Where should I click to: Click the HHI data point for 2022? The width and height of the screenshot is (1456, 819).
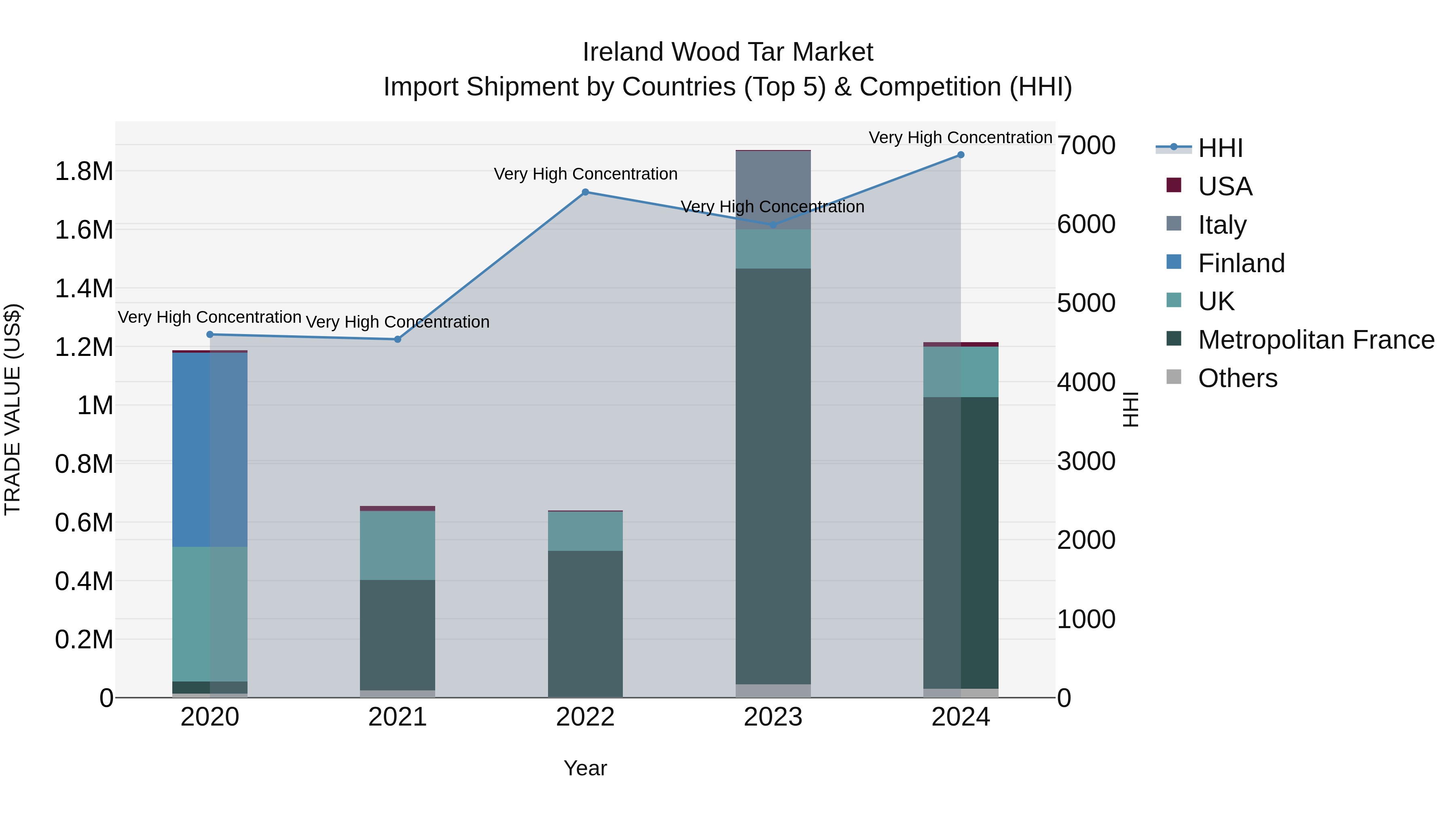[585, 192]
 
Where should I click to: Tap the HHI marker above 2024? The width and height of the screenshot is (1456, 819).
[960, 155]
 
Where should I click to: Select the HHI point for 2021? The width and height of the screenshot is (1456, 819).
[397, 339]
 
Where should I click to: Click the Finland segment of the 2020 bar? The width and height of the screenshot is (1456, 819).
[210, 449]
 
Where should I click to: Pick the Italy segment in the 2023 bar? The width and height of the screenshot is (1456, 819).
[772, 190]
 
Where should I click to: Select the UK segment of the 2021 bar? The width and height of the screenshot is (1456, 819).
[397, 546]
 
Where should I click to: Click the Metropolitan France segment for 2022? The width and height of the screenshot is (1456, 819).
[585, 624]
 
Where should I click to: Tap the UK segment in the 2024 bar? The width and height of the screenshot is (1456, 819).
[960, 372]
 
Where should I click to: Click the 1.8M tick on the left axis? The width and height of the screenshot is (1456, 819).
[84, 171]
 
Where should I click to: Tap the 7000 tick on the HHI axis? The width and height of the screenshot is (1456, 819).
[1086, 146]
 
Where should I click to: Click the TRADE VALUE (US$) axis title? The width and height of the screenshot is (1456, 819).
[13, 409]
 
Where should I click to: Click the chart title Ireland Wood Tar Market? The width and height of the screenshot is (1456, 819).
[728, 52]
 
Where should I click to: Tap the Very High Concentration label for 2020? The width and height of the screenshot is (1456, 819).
[209, 317]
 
